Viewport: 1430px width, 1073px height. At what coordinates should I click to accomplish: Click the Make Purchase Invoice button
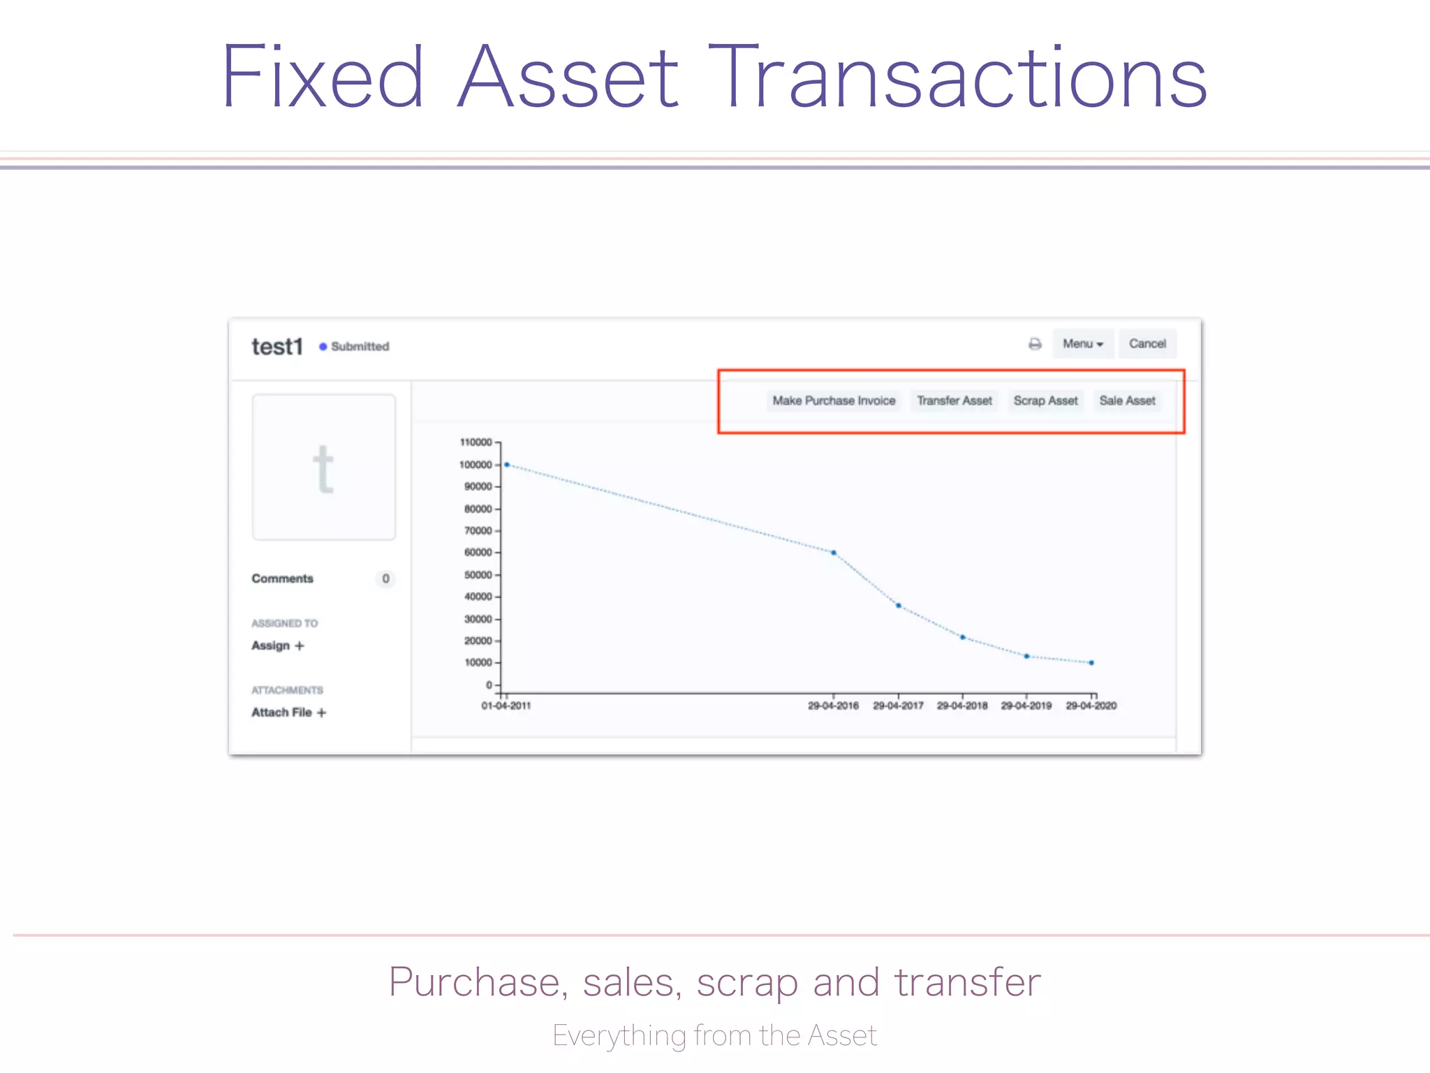click(x=834, y=400)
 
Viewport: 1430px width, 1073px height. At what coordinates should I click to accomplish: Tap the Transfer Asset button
click(x=954, y=400)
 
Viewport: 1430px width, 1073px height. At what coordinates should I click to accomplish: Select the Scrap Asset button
click(x=1045, y=400)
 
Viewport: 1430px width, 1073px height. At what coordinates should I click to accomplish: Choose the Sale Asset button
click(x=1127, y=400)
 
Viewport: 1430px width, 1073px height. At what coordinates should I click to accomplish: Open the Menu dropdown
click(x=1082, y=344)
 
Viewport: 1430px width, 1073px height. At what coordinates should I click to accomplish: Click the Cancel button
click(x=1147, y=344)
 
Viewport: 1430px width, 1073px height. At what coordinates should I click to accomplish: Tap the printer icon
click(x=1035, y=344)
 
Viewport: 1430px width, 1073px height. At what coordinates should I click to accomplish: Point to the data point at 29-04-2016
click(x=834, y=553)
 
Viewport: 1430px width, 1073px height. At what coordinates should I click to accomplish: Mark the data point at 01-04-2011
click(x=507, y=465)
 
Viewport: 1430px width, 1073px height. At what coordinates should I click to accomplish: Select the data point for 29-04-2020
click(x=1091, y=663)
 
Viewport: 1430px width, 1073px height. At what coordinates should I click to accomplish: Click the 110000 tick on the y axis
click(x=476, y=442)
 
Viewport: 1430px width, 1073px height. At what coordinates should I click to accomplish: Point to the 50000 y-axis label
click(x=478, y=575)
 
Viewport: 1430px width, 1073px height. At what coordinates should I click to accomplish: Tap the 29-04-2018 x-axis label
click(x=962, y=706)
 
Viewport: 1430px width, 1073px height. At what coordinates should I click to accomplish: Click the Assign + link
click(x=278, y=645)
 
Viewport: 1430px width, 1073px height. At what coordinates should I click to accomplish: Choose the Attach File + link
click(x=288, y=713)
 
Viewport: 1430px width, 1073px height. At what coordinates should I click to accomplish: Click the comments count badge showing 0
click(x=385, y=578)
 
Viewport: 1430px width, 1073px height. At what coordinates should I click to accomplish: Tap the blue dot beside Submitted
click(x=323, y=346)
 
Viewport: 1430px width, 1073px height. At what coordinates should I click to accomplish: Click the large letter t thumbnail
click(x=324, y=467)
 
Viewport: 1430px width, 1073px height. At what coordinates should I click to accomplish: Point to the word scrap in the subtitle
click(x=747, y=982)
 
